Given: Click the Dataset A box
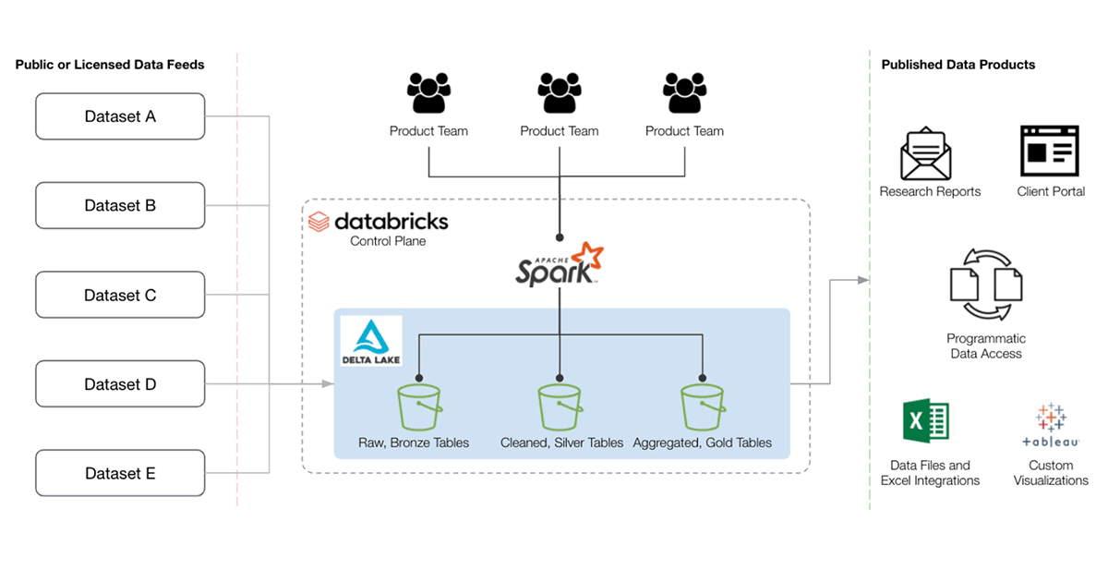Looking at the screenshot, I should point(120,116).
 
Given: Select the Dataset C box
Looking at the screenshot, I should point(120,295).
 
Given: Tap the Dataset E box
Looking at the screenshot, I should point(120,473).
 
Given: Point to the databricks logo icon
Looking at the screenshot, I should point(319,222).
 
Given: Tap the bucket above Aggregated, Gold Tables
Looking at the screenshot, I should point(703,408).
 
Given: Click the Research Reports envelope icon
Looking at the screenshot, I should point(926,153).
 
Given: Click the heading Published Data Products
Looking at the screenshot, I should point(958,65).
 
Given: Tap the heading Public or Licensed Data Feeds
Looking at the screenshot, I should point(110,65).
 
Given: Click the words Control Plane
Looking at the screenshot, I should point(388,241).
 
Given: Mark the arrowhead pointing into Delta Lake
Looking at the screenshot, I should point(328,383).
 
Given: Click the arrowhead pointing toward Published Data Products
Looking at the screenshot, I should point(863,280).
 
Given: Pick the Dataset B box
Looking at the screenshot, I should point(120,205).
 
